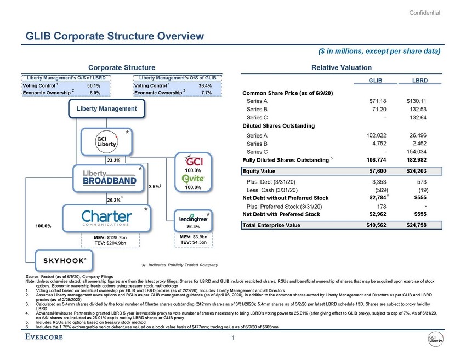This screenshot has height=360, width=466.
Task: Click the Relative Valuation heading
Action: click(342, 67)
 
